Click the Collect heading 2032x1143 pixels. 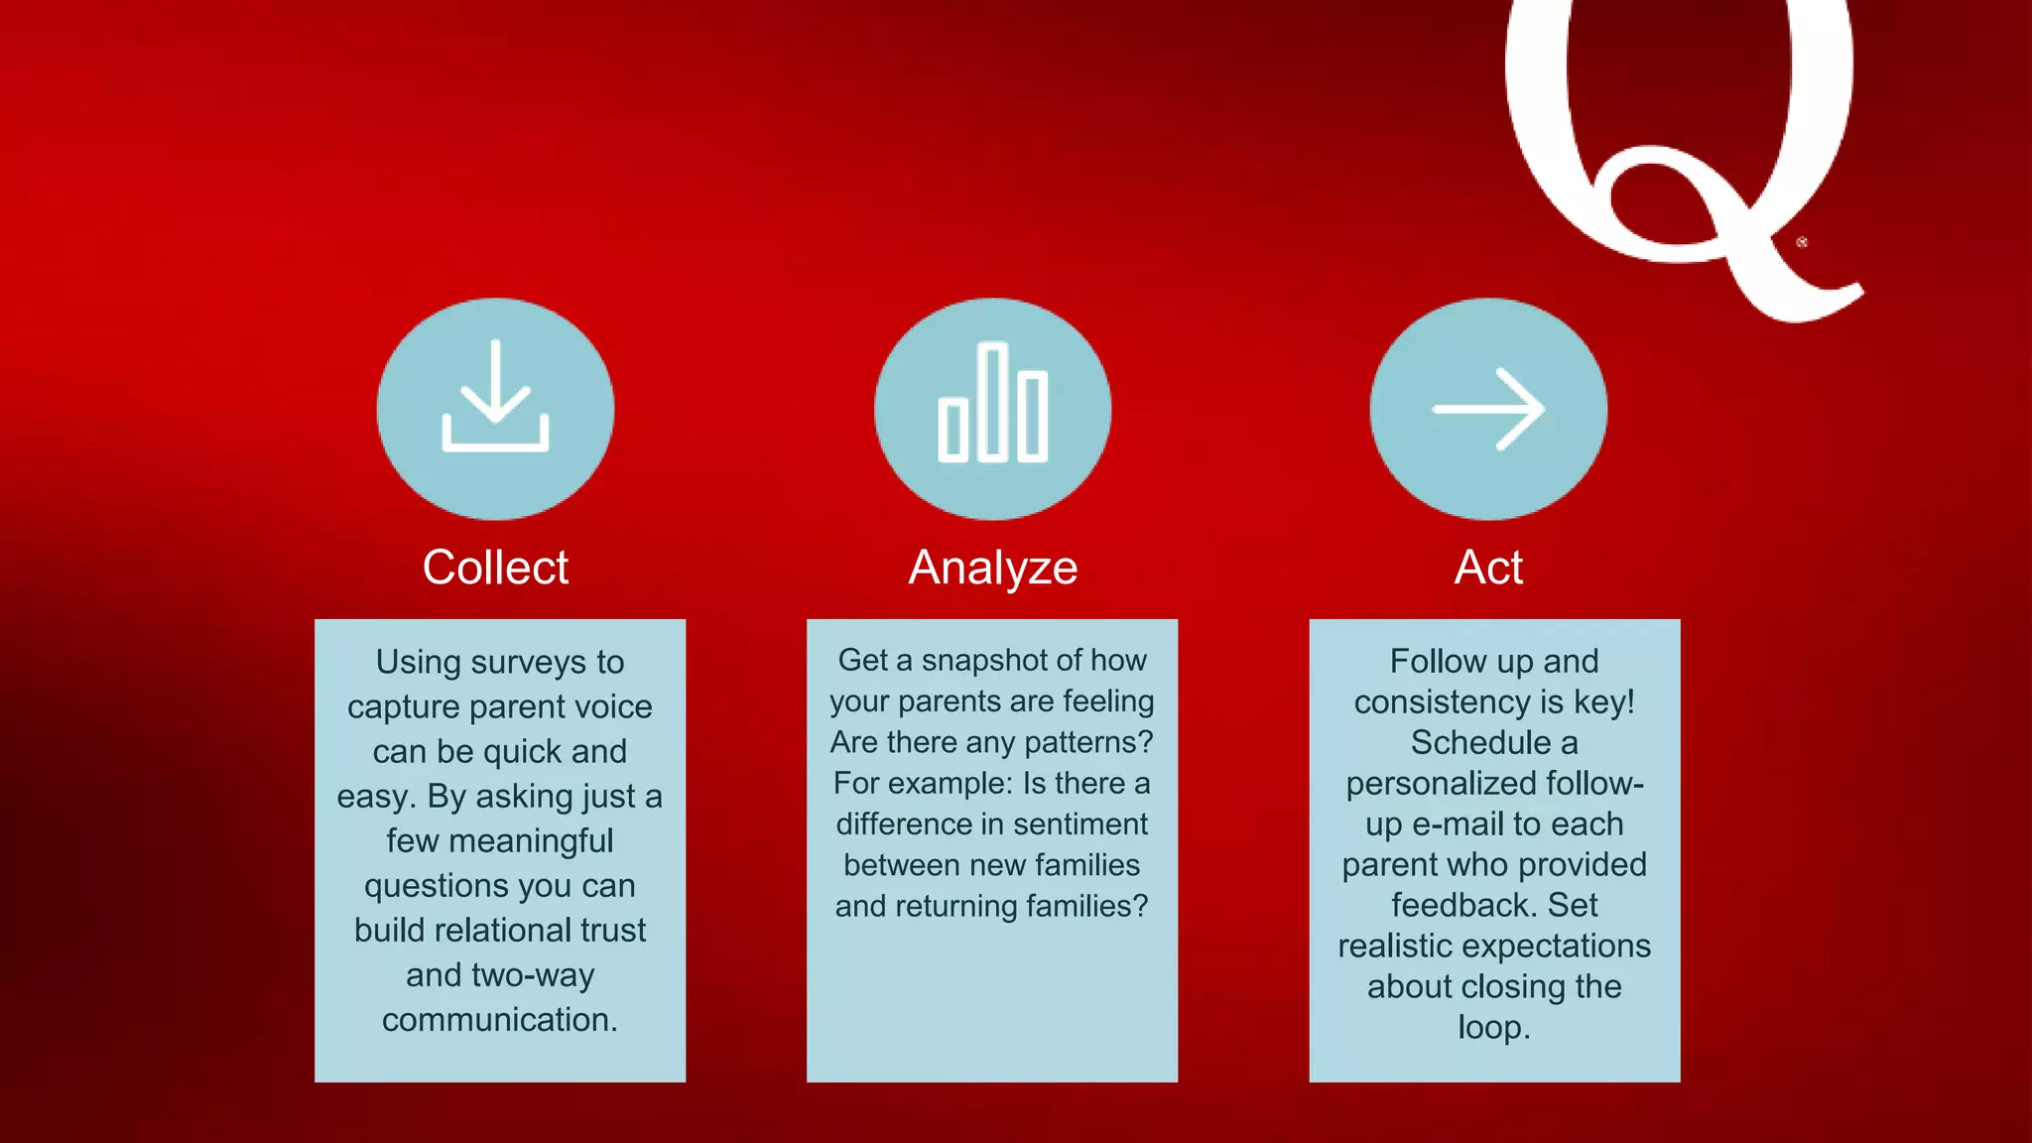(495, 568)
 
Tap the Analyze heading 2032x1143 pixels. (992, 569)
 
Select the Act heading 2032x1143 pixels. (1488, 568)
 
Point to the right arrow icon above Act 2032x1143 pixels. (1488, 409)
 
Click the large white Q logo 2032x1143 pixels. (1677, 139)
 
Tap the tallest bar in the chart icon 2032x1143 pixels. (992, 402)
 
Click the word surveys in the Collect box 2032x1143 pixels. (526, 663)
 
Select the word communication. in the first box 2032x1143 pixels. (500, 1020)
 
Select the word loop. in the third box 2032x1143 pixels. (1494, 1027)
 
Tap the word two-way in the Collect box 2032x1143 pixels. (534, 975)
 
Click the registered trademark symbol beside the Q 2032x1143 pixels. (1802, 242)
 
